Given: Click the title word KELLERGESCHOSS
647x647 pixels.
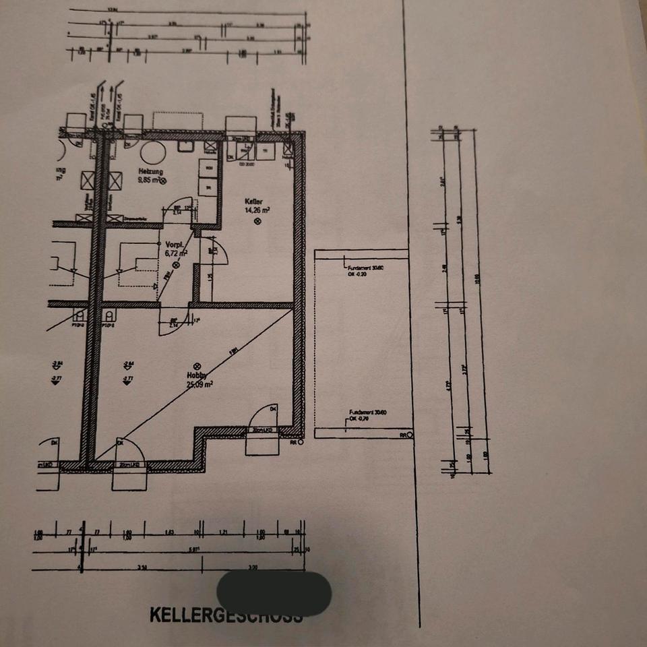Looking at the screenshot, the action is click(226, 615).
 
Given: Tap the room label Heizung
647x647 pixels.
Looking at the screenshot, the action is click(151, 172).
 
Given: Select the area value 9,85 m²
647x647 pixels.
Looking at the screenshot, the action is click(148, 181).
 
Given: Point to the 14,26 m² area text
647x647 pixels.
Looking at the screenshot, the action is click(257, 210).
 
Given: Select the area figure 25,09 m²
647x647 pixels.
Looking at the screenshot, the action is click(200, 385).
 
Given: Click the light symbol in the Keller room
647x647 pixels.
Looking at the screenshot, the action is click(257, 222).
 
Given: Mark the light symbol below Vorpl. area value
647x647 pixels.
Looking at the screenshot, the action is click(177, 265).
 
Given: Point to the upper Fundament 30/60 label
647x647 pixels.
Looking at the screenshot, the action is click(365, 268).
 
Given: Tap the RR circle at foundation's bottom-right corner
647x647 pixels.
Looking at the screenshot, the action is click(410, 435).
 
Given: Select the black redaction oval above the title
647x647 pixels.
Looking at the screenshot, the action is click(274, 593).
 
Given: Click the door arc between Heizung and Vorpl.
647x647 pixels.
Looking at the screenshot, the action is click(181, 210).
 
